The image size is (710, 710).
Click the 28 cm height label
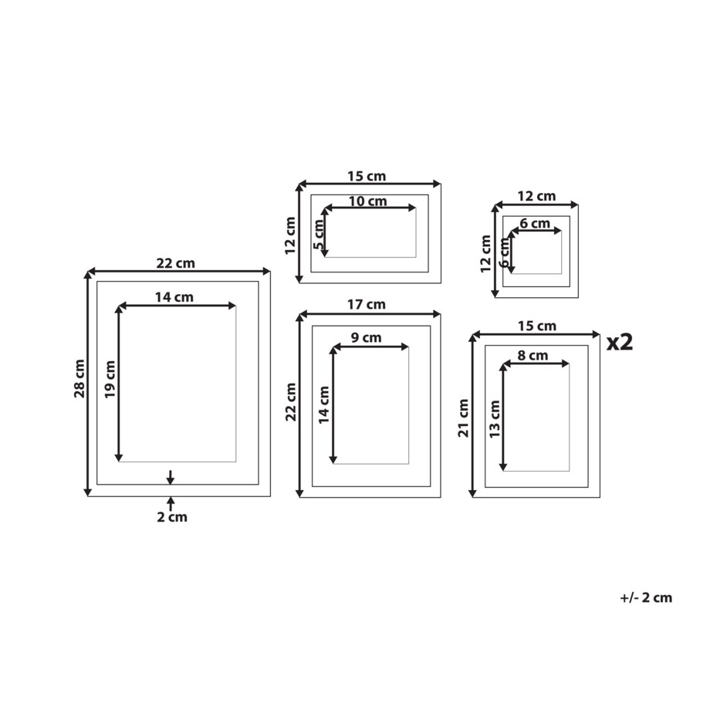click(x=79, y=379)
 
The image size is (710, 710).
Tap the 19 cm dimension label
click(x=110, y=380)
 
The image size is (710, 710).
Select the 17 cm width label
click(x=367, y=304)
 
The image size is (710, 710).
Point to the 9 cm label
click(x=366, y=337)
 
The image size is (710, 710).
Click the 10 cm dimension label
click(x=367, y=201)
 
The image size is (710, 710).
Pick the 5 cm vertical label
click(x=319, y=234)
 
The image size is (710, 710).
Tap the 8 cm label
click(x=532, y=356)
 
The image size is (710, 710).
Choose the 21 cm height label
click(x=463, y=418)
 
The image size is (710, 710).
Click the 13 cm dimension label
click(x=495, y=419)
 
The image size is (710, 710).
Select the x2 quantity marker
click(x=620, y=342)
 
